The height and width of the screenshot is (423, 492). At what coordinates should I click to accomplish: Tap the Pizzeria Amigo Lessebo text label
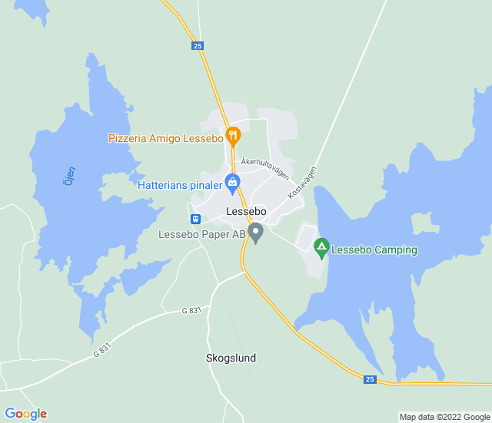(x=165, y=139)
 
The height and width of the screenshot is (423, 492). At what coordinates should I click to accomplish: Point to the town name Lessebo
(x=246, y=210)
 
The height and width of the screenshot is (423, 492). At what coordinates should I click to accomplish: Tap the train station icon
(x=196, y=218)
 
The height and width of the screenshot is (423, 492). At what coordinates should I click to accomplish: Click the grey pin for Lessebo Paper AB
(x=257, y=231)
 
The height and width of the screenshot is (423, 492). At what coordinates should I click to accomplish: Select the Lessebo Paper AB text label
(x=202, y=234)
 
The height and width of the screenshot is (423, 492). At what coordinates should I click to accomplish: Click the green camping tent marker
(x=321, y=246)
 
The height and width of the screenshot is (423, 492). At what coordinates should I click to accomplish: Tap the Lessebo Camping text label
(x=374, y=250)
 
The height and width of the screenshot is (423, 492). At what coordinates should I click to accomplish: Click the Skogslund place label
(x=231, y=358)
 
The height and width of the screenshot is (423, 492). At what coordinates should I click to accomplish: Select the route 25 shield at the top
(x=198, y=46)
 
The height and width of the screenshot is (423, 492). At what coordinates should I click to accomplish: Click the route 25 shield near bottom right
(x=370, y=379)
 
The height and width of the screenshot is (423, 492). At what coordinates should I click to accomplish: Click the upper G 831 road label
(x=191, y=310)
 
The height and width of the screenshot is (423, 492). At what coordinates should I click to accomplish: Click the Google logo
(x=25, y=414)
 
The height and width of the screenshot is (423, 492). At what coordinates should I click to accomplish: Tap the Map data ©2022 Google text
(x=444, y=417)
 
